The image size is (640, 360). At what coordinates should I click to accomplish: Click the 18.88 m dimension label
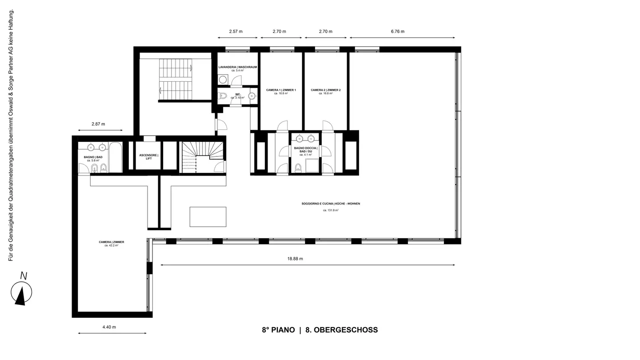coord(295,259)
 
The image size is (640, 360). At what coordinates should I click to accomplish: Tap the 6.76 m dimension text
coord(398,32)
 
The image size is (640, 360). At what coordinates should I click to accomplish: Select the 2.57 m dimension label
coord(236,32)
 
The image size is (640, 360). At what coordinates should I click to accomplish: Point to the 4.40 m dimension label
coord(109,327)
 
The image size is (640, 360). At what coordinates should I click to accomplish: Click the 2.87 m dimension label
coord(98,124)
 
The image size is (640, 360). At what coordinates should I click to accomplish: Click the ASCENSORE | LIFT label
coord(148,157)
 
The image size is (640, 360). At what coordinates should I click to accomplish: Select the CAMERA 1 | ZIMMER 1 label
coord(281,90)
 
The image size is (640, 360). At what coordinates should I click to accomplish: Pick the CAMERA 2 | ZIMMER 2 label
coord(326,90)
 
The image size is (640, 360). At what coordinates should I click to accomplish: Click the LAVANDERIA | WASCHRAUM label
coord(237,67)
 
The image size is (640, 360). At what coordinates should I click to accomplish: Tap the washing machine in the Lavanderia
coord(223,80)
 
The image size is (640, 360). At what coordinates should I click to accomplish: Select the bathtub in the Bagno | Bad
coord(116,157)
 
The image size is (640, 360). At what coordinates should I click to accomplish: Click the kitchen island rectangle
coord(208,217)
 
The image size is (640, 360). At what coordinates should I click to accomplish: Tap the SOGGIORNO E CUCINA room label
coord(331,204)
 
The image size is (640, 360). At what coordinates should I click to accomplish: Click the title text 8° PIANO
coord(278,330)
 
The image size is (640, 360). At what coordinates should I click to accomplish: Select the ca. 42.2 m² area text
coord(111,245)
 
